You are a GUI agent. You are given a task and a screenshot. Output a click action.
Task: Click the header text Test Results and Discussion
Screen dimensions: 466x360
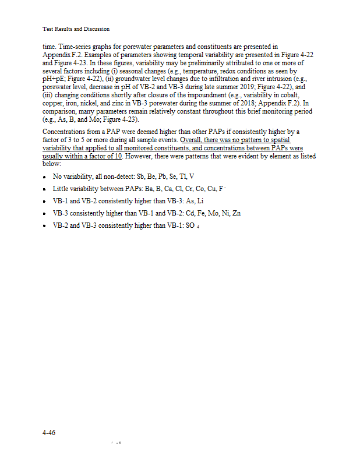coord(76,29)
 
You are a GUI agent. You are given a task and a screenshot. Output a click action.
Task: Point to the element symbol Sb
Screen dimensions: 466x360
coord(140,176)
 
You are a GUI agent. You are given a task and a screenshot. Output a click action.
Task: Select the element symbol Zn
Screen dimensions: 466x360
coord(236,213)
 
